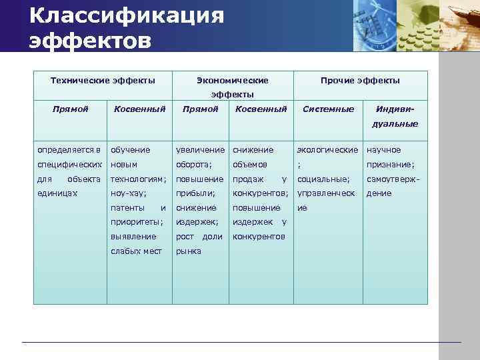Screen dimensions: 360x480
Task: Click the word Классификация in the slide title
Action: pyautogui.click(x=127, y=15)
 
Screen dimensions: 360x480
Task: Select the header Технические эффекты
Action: pyautogui.click(x=103, y=80)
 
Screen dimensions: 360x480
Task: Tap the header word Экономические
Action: pyautogui.click(x=233, y=80)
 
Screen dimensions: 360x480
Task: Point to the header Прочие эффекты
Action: pyautogui.click(x=360, y=80)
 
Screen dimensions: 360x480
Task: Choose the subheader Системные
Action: pyautogui.click(x=328, y=109)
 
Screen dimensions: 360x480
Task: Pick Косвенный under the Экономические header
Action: pyautogui.click(x=261, y=109)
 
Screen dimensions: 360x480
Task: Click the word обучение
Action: pyautogui.click(x=130, y=150)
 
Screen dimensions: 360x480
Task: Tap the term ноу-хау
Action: pyautogui.click(x=127, y=193)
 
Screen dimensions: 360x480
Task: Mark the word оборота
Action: pyautogui.click(x=193, y=165)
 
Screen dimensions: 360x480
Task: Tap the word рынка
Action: pyautogui.click(x=188, y=251)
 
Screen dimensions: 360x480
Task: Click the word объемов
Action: pyautogui.click(x=249, y=165)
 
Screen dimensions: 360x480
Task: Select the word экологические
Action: pyautogui.click(x=327, y=150)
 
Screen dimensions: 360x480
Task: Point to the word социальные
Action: pyautogui.click(x=323, y=179)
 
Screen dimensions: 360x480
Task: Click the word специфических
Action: pyautogui.click(x=69, y=165)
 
